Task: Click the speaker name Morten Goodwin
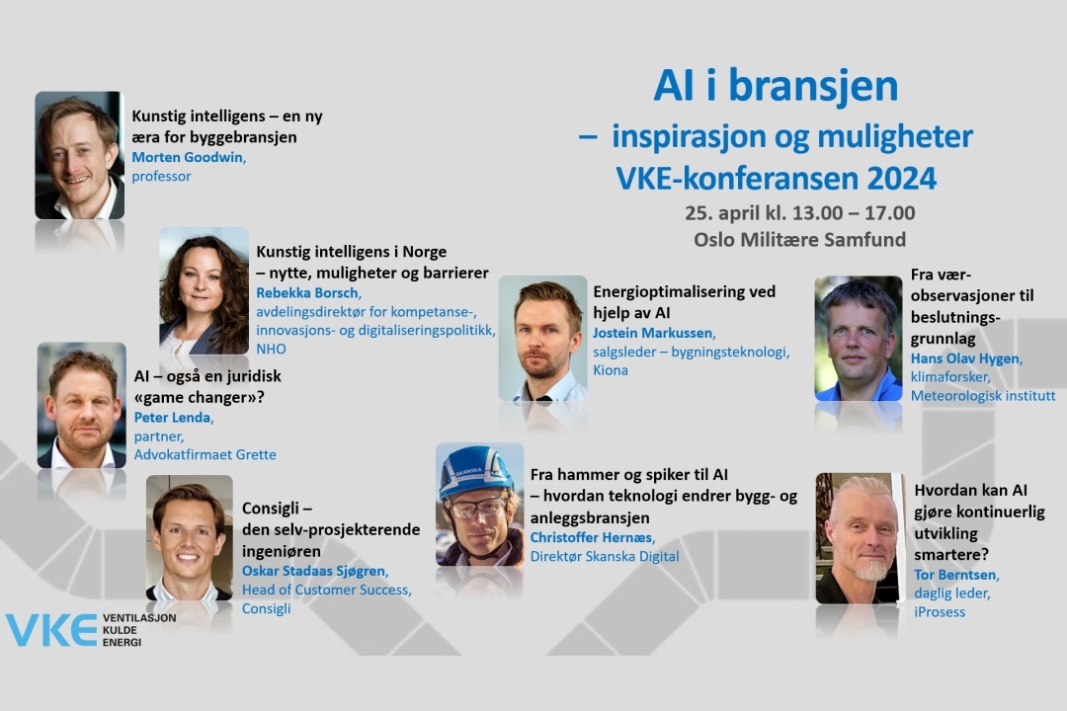(187, 157)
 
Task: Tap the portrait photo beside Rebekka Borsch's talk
(205, 291)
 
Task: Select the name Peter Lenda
(173, 417)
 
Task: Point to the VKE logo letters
(51, 630)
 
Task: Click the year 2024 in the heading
(902, 179)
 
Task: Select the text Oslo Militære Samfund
(799, 240)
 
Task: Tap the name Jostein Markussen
(653, 333)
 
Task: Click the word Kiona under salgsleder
(611, 370)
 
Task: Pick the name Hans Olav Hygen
(965, 358)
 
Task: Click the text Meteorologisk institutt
(983, 395)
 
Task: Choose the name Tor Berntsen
(954, 575)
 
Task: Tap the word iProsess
(940, 611)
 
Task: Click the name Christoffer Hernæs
(592, 537)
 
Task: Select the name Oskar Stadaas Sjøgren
(314, 571)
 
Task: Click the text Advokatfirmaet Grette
(205, 454)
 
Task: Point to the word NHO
(271, 349)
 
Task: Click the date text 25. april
(722, 213)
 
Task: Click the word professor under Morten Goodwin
(161, 176)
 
